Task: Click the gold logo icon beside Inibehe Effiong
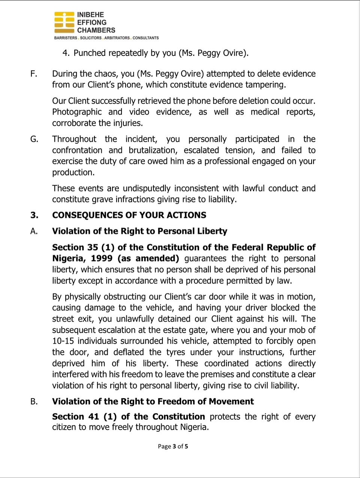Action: (64, 23)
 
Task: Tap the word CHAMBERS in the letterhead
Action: (96, 30)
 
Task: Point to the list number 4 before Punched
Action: (66, 53)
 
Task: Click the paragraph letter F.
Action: (34, 74)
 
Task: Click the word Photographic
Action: (77, 112)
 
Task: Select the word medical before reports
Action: (265, 112)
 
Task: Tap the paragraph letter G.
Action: (34, 139)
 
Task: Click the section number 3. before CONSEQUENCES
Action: (34, 215)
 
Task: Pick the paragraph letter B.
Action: (34, 401)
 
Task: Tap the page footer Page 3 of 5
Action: (173, 446)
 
